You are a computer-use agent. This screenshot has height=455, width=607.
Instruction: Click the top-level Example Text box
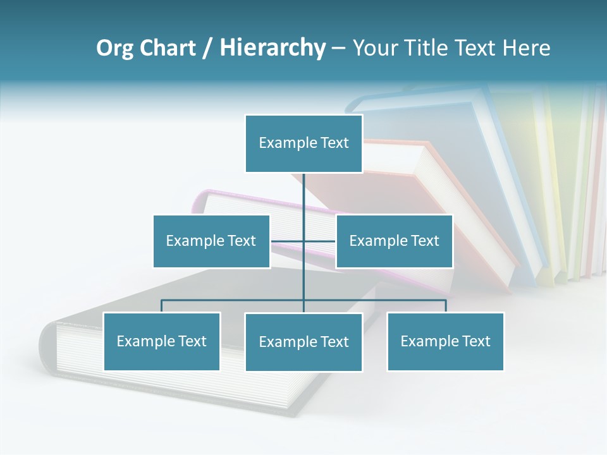[x=303, y=143]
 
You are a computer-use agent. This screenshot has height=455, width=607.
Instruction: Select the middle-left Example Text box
[x=211, y=241]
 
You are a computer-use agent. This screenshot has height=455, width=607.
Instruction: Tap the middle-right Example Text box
[x=394, y=241]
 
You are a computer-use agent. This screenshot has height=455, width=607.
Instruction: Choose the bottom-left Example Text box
[x=162, y=341]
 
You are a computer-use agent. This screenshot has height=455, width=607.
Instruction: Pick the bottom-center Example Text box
[x=303, y=342]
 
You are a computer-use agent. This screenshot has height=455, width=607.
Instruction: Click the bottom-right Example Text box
[x=445, y=341]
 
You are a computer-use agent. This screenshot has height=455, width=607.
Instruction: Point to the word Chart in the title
[x=167, y=48]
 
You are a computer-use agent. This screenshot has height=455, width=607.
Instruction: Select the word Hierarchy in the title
[x=272, y=48]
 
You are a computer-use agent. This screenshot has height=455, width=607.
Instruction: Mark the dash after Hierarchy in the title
[x=339, y=49]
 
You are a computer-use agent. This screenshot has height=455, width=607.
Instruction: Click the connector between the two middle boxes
[x=288, y=241]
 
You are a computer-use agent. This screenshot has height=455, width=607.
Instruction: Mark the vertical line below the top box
[x=303, y=193]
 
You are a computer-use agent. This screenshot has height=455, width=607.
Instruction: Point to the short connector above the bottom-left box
[x=162, y=306]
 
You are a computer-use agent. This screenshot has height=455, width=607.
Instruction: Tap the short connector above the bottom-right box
[x=445, y=306]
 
